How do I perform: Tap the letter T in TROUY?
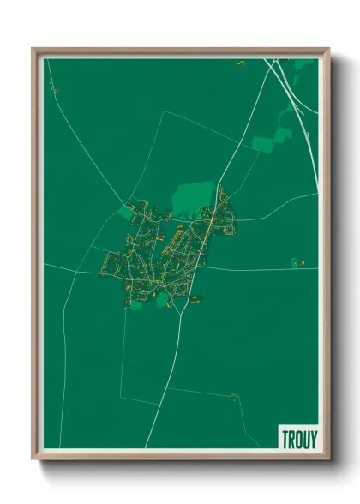285,437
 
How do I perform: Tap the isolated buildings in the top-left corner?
53,87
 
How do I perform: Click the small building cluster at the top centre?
241,63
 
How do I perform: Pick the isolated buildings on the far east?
297,263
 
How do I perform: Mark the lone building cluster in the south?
233,396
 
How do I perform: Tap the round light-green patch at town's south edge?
161,297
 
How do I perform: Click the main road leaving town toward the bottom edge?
163,386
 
